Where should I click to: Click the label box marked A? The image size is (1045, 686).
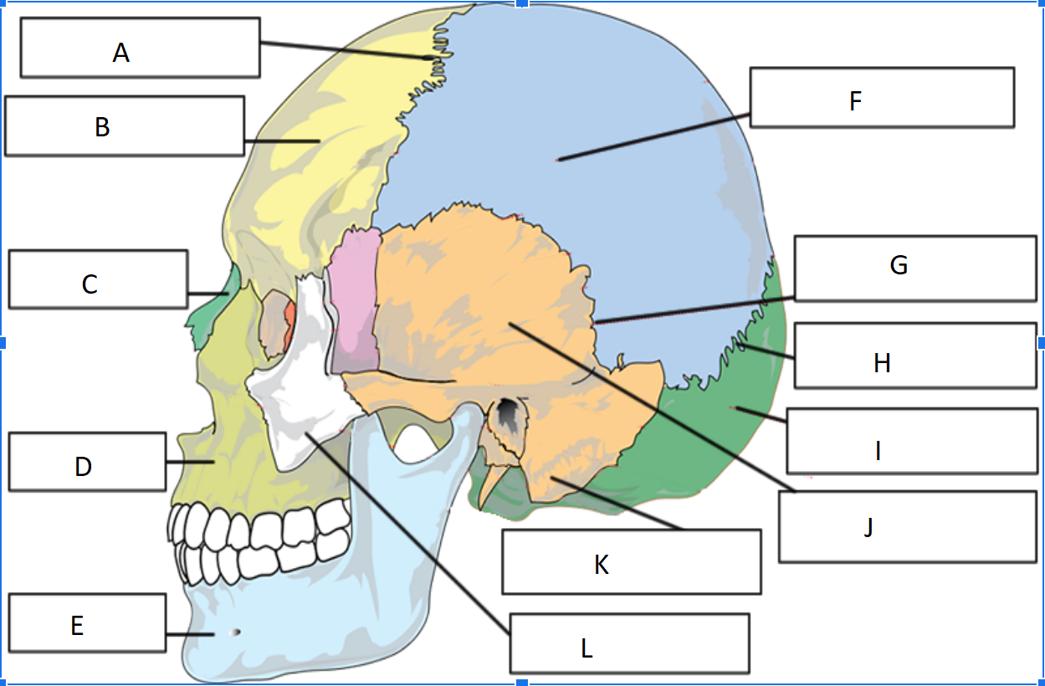point(140,48)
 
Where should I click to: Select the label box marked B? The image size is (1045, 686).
point(124,125)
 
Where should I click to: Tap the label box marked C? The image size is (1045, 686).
point(98,279)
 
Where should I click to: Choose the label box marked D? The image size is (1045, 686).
point(87,461)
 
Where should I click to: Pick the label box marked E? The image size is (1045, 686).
point(87,622)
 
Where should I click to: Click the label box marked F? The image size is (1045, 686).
point(882,97)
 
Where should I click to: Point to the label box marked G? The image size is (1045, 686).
point(915,268)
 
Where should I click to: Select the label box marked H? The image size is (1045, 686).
point(915,356)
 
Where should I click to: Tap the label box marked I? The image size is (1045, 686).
point(912,441)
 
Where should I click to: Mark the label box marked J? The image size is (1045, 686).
point(907,526)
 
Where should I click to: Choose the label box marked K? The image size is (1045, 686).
point(631,561)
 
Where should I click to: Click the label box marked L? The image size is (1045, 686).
point(629,642)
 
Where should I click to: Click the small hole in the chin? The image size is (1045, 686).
point(236,632)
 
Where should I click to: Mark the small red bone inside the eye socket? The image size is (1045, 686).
point(289,322)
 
